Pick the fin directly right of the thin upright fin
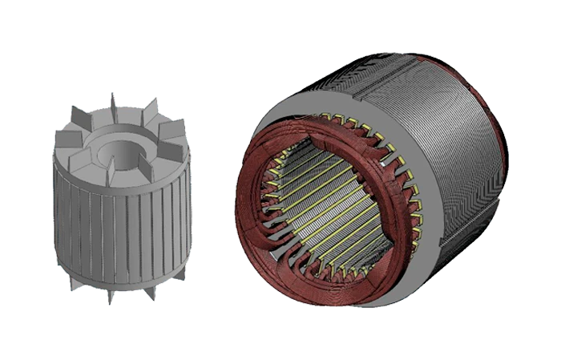point(144,112)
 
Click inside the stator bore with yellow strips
point(321,208)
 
